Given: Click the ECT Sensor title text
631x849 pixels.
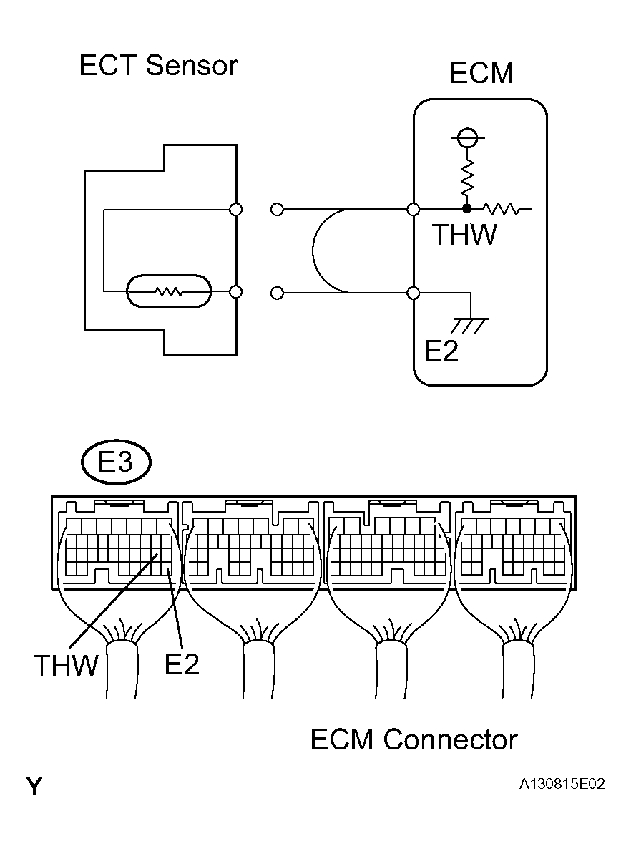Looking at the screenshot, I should (x=158, y=66).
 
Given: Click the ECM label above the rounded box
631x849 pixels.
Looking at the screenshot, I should (x=481, y=74).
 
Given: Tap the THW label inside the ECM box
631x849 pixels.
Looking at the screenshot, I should (x=464, y=236).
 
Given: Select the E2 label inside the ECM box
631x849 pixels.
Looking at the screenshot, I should (x=441, y=351).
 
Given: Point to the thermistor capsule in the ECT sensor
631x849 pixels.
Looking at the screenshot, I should (x=169, y=292).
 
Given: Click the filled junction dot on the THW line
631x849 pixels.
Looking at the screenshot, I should (x=466, y=210).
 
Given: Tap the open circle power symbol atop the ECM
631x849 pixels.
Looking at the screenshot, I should (x=466, y=137).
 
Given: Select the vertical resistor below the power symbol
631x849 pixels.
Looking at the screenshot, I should (x=466, y=178).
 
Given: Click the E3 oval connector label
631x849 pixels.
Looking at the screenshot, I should (x=115, y=463).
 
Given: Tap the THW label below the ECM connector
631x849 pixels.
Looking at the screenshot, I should (x=66, y=666).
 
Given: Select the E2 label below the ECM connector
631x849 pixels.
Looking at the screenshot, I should (x=182, y=664).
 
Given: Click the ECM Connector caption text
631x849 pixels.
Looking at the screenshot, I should (x=414, y=739).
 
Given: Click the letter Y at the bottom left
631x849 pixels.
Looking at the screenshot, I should (x=34, y=787).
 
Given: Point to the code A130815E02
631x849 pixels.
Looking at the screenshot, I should (x=562, y=785).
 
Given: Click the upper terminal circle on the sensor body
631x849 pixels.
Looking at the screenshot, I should (x=235, y=210).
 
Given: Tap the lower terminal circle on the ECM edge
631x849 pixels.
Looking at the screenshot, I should (x=413, y=293).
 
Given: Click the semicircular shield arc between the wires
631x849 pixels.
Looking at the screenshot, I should (x=315, y=251).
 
